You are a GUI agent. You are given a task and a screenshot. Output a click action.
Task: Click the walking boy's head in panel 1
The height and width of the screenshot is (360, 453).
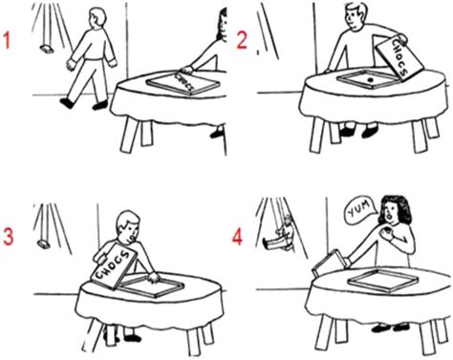pos(94,18)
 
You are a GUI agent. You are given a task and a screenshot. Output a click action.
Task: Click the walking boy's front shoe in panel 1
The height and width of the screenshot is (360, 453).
pos(66,101)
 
